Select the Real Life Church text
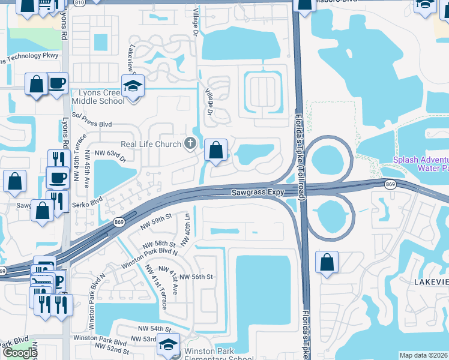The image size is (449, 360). pyautogui.click(x=151, y=144)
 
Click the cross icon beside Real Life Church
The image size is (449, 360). pyautogui.click(x=190, y=143)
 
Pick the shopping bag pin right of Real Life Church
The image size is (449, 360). pyautogui.click(x=216, y=151)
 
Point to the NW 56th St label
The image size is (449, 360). pyautogui.click(x=195, y=277)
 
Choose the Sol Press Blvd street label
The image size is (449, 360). pyautogui.click(x=92, y=124)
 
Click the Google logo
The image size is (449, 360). pyautogui.click(x=20, y=353)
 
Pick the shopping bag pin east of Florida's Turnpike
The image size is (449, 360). pyautogui.click(x=326, y=263)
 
